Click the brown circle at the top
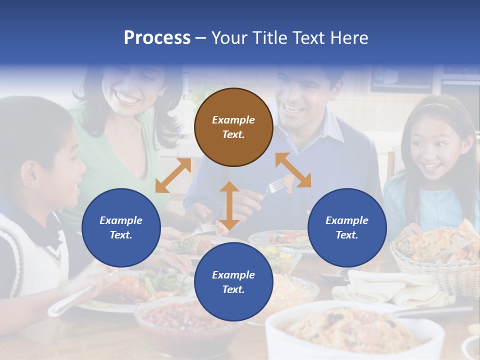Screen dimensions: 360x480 pyautogui.click(x=233, y=127)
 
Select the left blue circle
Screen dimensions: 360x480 pyautogui.click(x=121, y=227)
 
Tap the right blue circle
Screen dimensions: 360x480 pyautogui.click(x=347, y=227)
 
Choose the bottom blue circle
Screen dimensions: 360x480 pyautogui.click(x=233, y=282)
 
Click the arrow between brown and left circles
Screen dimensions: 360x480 pyautogui.click(x=173, y=175)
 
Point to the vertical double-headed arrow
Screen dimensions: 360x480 pyautogui.click(x=229, y=205)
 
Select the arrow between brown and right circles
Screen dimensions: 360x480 pyautogui.click(x=293, y=170)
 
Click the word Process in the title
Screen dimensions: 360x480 pyautogui.click(x=157, y=38)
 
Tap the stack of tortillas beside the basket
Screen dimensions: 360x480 pyautogui.click(x=375, y=287)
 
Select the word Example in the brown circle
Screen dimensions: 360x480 pyautogui.click(x=233, y=120)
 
